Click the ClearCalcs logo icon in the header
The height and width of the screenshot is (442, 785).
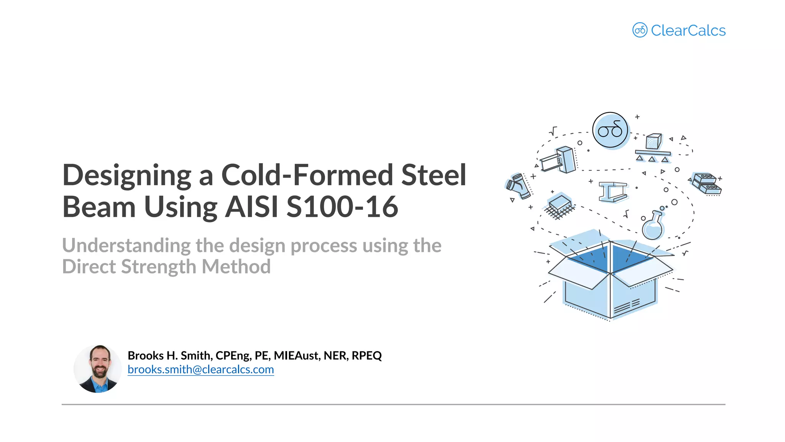coord(639,30)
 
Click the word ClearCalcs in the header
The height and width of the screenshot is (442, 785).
coord(688,31)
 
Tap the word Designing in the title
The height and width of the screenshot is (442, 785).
coord(126,176)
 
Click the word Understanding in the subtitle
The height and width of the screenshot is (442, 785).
coord(126,246)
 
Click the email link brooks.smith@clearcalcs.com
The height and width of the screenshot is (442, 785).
coord(200,369)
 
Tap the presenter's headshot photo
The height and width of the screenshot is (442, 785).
coord(98,369)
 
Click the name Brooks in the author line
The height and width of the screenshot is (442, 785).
coord(145,356)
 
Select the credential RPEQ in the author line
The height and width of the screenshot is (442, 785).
coord(366,356)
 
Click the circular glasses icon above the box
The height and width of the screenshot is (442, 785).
coord(610,130)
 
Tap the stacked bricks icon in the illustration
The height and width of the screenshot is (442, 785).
coord(706,183)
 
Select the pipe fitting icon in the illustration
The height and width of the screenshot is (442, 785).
coord(518,186)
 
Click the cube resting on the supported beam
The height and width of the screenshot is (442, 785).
coord(654,141)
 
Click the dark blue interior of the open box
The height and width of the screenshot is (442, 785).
coord(629,258)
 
